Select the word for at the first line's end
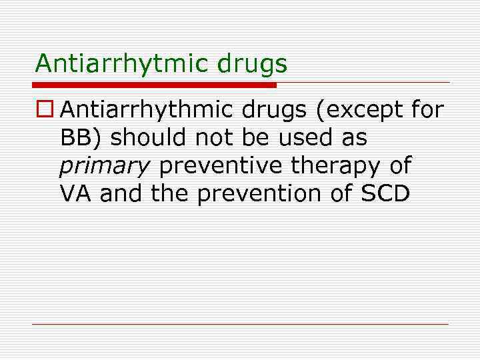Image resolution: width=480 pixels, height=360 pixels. tap(427, 109)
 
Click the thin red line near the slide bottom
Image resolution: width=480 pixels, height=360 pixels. tap(240, 324)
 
